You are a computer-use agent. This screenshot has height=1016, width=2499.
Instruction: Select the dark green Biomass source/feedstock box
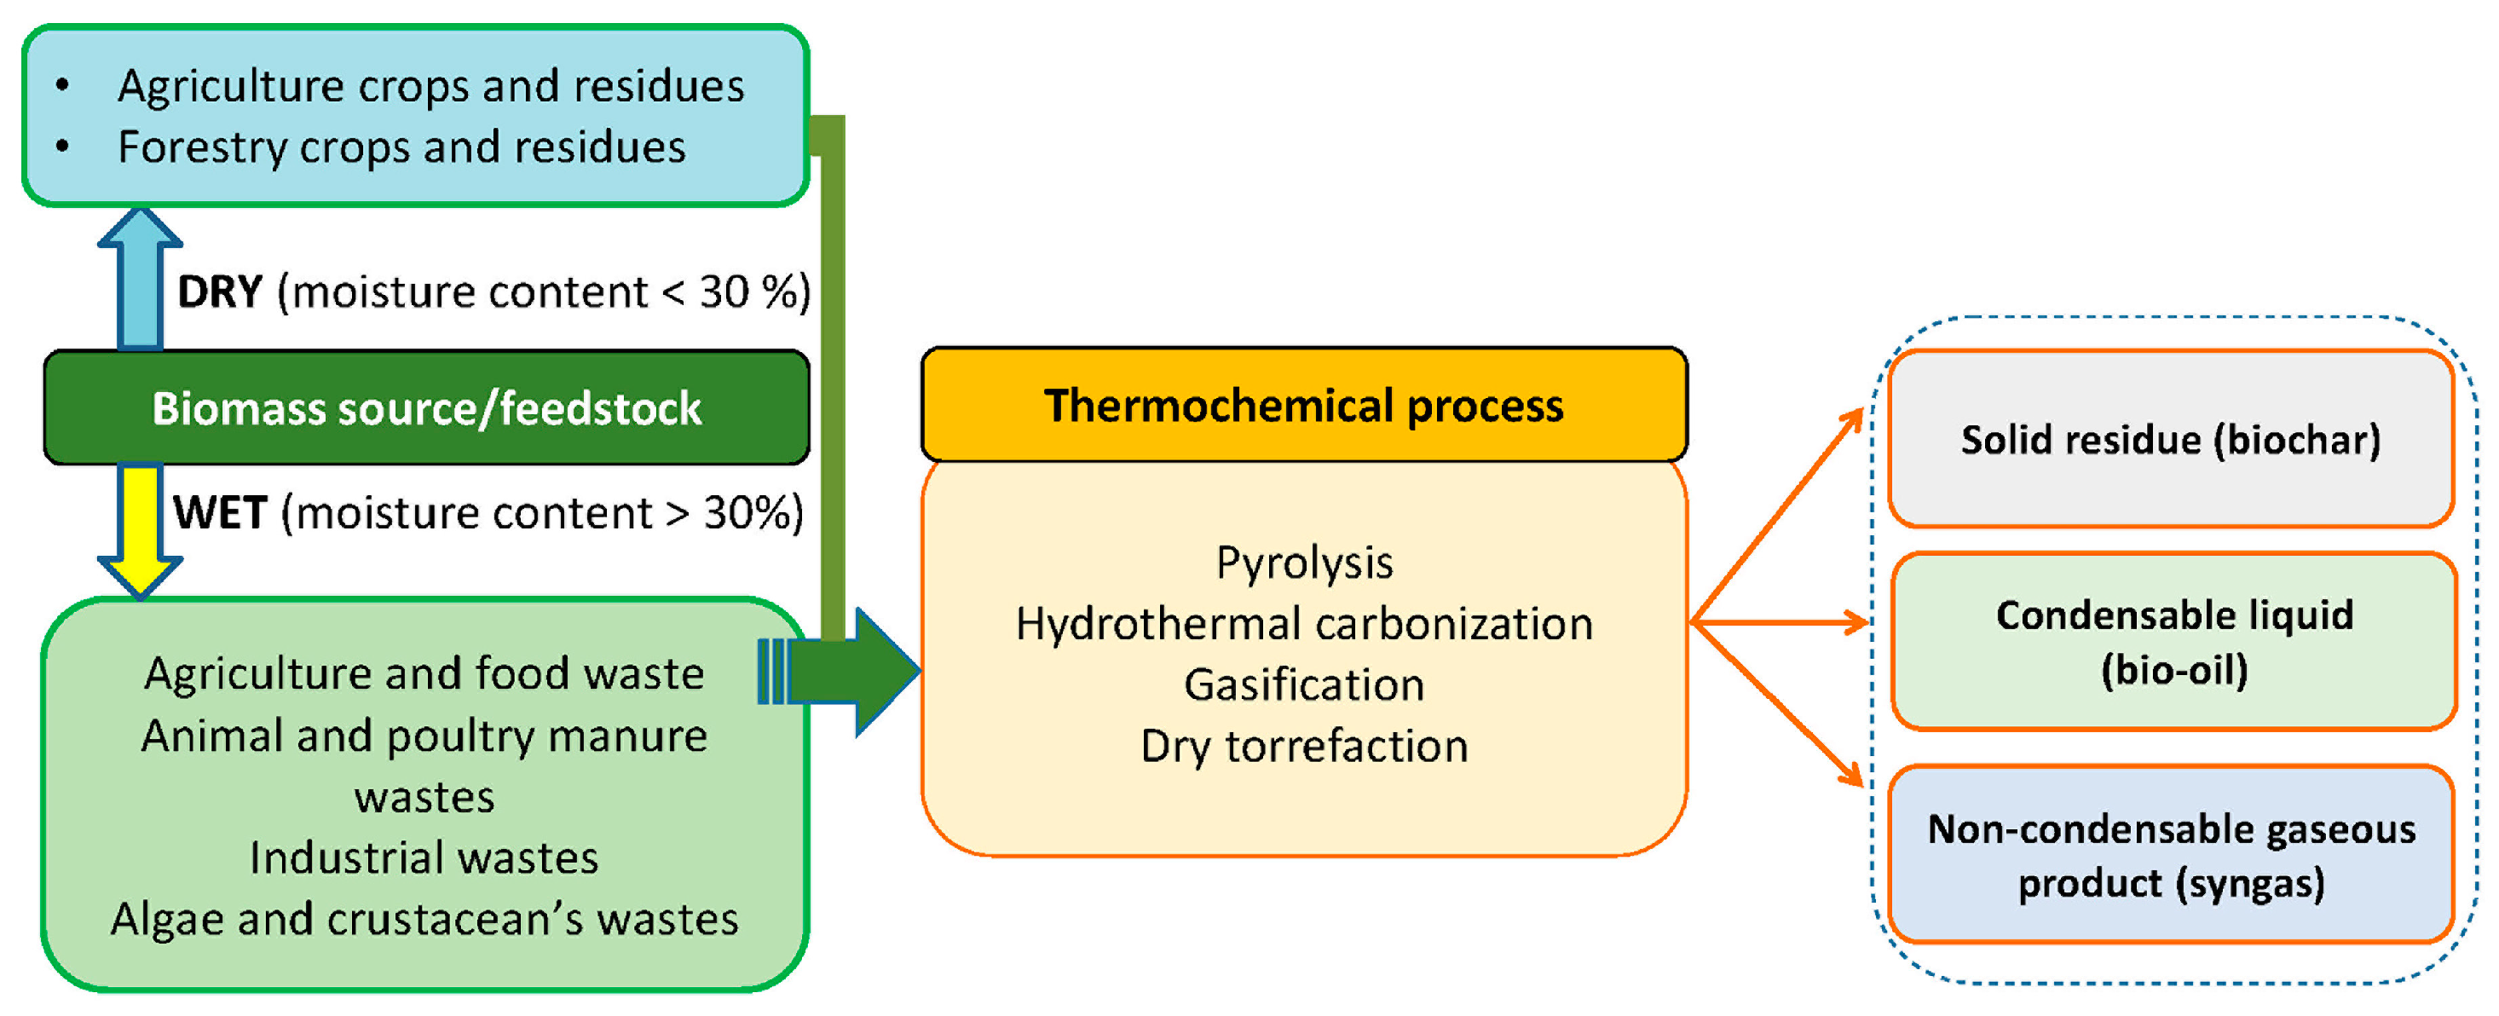pyautogui.click(x=426, y=407)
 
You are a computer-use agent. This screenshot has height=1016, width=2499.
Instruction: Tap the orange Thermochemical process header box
pyautogui.click(x=1303, y=405)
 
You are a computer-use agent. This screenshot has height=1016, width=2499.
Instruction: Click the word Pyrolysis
pyautogui.click(x=1304, y=563)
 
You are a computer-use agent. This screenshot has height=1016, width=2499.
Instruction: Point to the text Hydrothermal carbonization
pyautogui.click(x=1304, y=624)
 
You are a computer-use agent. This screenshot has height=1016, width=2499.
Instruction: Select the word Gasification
pyautogui.click(x=1304, y=685)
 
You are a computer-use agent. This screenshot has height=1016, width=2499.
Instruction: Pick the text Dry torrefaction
pyautogui.click(x=1304, y=746)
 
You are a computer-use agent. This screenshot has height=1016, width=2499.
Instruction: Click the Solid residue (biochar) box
pyautogui.click(x=2170, y=440)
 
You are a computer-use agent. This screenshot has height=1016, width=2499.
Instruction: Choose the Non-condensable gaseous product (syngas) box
pyautogui.click(x=2170, y=855)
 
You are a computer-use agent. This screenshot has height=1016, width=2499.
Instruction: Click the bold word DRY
pyautogui.click(x=220, y=292)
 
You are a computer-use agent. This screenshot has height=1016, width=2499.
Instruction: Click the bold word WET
pyautogui.click(x=220, y=512)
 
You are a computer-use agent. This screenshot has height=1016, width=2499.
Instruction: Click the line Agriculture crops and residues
pyautogui.click(x=430, y=86)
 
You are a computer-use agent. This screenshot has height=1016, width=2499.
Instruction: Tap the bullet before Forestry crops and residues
pyautogui.click(x=63, y=147)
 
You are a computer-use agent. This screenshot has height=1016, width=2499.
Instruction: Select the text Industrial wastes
pyautogui.click(x=424, y=857)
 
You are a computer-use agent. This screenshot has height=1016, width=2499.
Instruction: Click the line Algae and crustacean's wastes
pyautogui.click(x=424, y=919)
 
